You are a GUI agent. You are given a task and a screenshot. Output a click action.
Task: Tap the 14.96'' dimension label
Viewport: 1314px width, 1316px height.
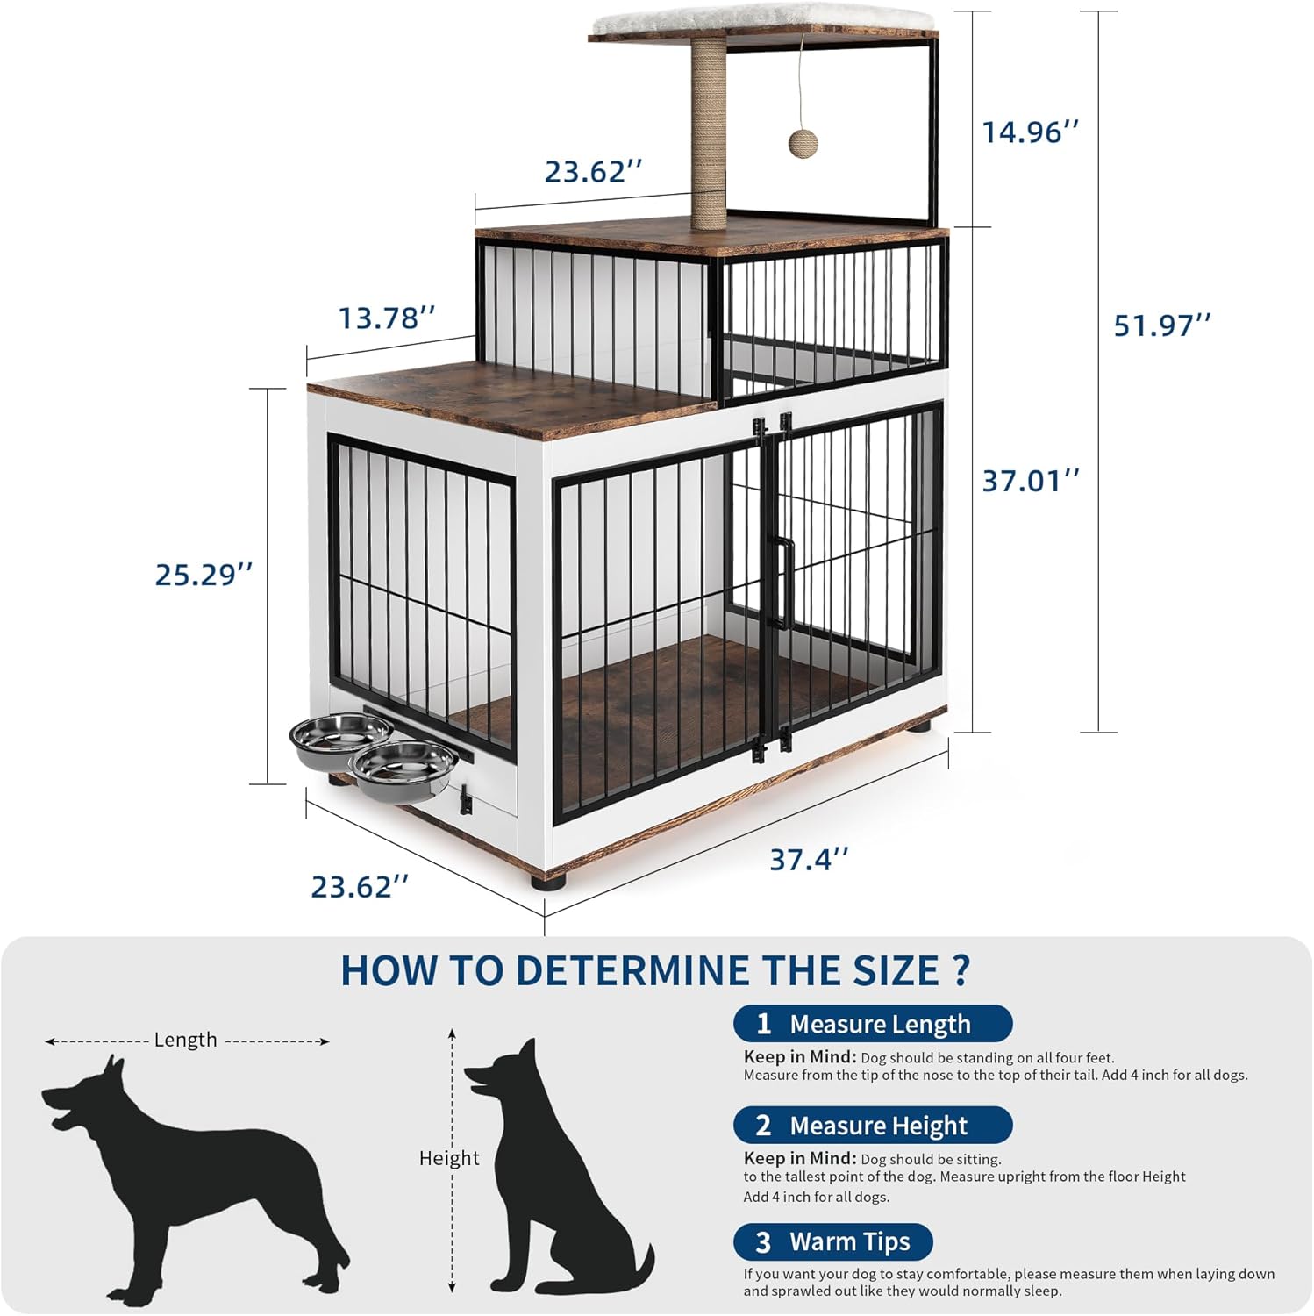(1030, 132)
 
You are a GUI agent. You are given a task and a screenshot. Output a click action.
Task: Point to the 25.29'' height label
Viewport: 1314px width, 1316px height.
(204, 576)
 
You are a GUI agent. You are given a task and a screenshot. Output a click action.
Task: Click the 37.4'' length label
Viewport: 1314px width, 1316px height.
(809, 860)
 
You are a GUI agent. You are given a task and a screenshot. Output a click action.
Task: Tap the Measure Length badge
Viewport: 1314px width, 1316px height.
(872, 1024)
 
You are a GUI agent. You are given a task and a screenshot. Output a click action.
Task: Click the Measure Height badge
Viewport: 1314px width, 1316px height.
(872, 1125)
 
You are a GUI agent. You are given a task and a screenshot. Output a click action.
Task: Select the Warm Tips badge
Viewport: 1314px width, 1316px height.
(832, 1241)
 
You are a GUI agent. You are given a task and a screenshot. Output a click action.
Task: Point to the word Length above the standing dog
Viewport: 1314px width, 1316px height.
(185, 1041)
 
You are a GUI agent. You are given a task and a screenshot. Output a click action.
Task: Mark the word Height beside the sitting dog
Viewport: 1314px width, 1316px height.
(449, 1158)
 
